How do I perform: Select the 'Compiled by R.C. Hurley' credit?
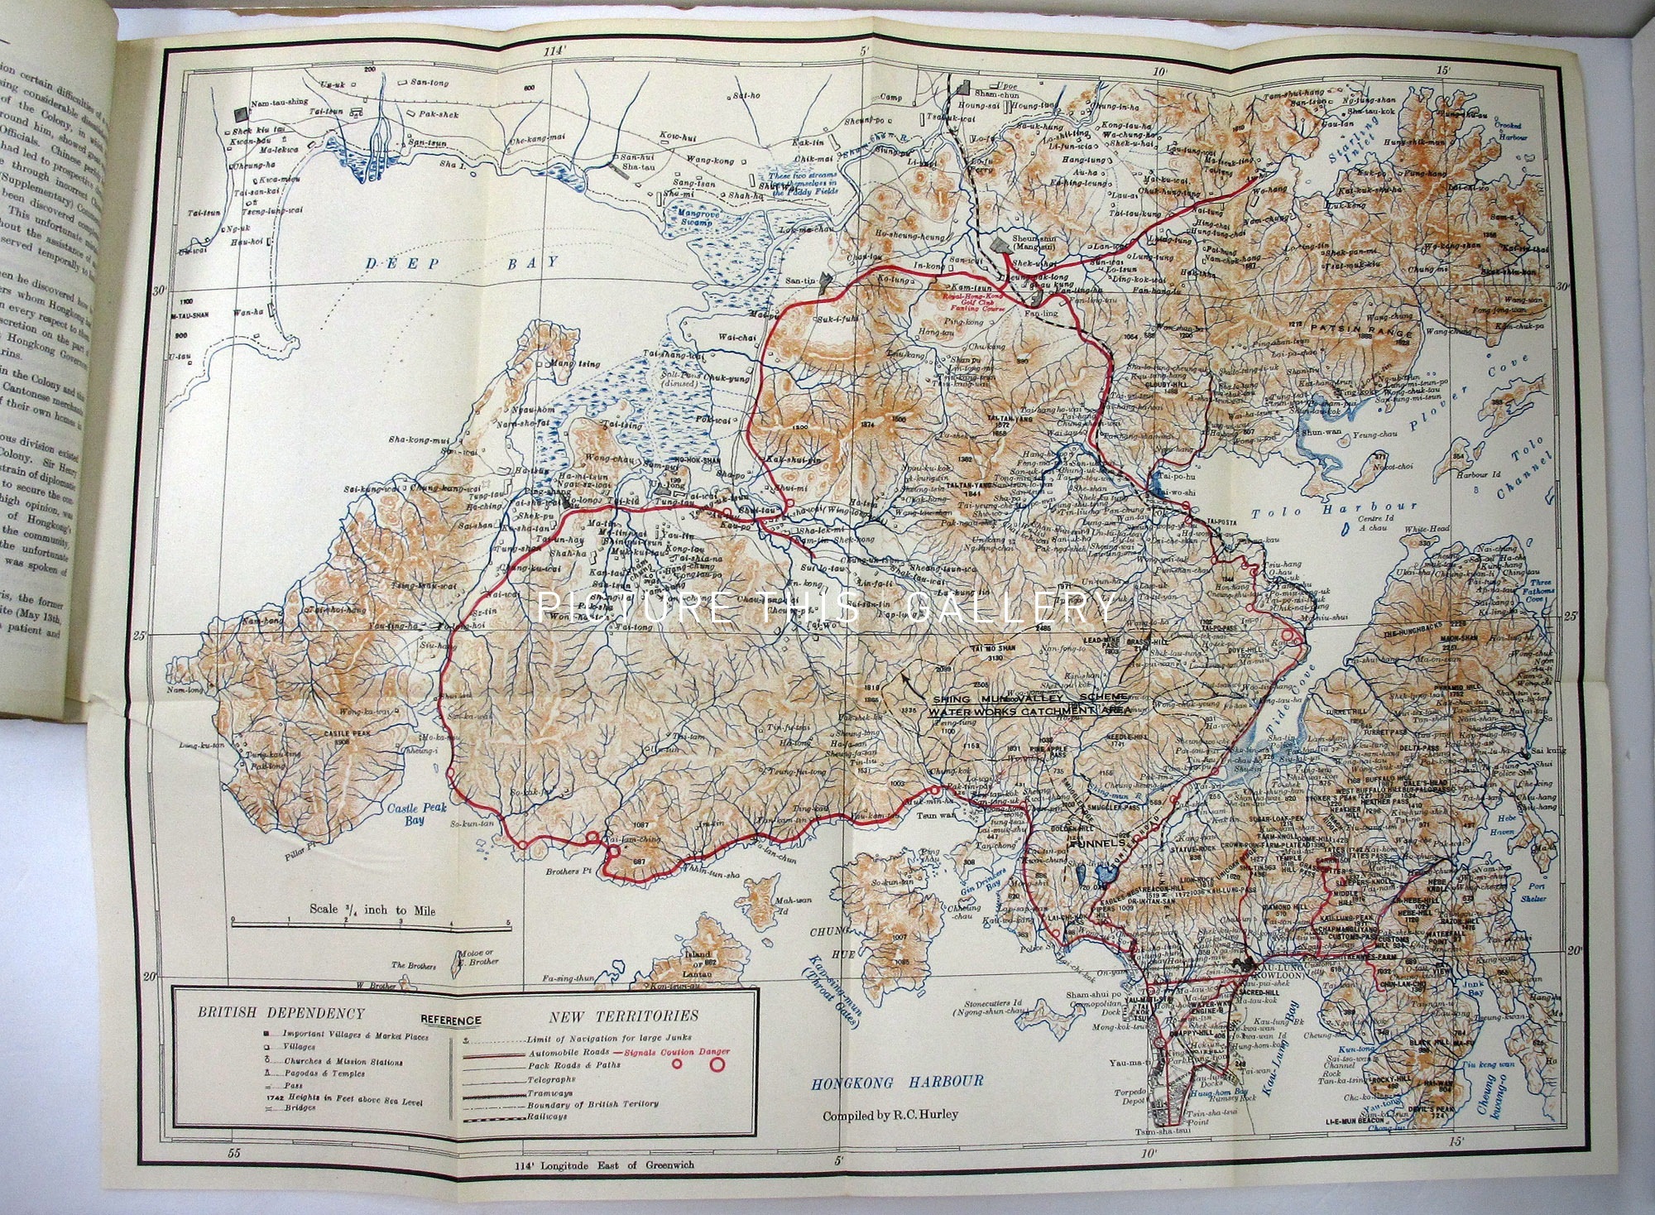(890, 1115)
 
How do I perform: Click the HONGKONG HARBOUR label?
(897, 1081)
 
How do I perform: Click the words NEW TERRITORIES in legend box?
(623, 1016)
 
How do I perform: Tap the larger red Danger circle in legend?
(715, 1064)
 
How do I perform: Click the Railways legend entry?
(547, 1117)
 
